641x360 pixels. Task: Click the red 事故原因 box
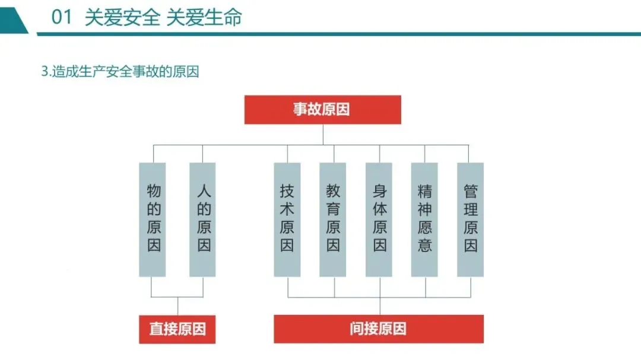tap(322, 110)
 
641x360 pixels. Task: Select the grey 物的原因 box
tap(153, 219)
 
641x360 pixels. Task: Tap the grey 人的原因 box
tap(202, 219)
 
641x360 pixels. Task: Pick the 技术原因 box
tap(287, 219)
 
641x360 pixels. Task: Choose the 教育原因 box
tap(332, 219)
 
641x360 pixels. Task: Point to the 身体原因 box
tap(379, 219)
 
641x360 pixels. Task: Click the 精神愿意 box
tap(424, 219)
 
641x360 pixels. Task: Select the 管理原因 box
tap(470, 219)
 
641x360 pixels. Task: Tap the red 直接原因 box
tap(177, 329)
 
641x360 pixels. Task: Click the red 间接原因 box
tap(378, 329)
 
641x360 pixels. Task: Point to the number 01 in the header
tap(62, 18)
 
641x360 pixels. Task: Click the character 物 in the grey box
tap(154, 192)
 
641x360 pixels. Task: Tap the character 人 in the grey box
tap(204, 192)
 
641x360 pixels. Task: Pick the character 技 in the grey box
tap(287, 192)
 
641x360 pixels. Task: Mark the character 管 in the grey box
tap(471, 192)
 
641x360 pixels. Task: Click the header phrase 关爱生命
tap(204, 18)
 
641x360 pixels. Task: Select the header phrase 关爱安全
tap(122, 18)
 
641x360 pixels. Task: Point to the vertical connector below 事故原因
tap(323, 134)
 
